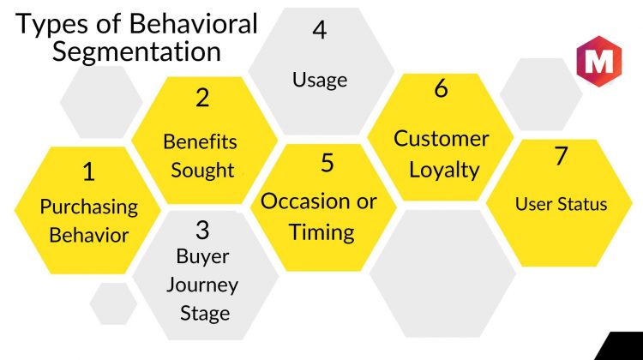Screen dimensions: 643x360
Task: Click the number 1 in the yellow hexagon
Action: point(89,171)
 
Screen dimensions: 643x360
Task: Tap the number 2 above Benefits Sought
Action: point(202,98)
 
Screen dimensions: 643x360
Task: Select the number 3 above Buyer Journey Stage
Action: point(202,230)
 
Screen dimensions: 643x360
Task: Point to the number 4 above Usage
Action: point(320,29)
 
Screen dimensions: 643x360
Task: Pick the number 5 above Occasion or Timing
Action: point(328,163)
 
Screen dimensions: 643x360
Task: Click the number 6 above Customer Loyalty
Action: point(442,88)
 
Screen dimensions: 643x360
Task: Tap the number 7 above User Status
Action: point(562,156)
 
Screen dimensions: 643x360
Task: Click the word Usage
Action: point(320,80)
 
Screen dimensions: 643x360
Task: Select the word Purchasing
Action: point(89,207)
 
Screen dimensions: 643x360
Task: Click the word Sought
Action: point(202,171)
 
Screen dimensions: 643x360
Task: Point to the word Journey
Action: point(202,285)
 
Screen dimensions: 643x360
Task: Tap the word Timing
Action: point(321,233)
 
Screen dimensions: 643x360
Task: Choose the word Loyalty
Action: point(444,171)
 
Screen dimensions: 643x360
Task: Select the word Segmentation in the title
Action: point(136,52)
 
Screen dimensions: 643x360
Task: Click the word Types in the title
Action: point(52,25)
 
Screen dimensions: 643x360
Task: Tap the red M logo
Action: point(599,61)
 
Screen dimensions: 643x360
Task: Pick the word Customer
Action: point(442,139)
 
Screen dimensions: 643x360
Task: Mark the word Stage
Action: point(205,314)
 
